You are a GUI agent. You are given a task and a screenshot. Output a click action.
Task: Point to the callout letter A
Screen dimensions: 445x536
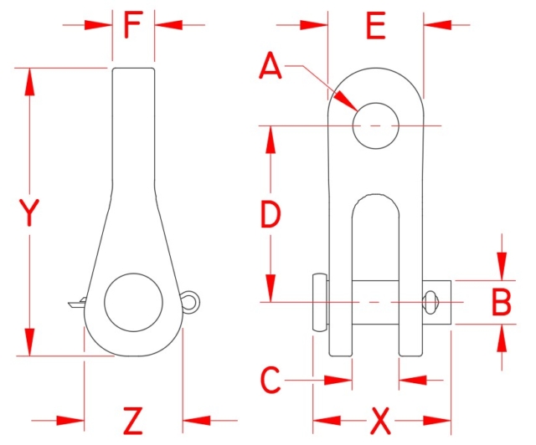271,65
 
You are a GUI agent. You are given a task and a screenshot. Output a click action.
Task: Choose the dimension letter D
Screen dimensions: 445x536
270,216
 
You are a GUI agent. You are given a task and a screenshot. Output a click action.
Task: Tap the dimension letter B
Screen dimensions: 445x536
501,302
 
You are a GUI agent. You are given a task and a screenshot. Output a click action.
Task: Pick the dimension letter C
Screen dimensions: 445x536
270,381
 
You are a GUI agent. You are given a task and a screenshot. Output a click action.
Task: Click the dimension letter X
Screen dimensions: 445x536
381,419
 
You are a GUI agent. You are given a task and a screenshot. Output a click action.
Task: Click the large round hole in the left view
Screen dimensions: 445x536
133,301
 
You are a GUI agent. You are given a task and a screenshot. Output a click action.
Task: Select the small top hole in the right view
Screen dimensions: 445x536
374,125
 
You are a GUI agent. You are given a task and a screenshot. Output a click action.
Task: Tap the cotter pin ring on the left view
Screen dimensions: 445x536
193,299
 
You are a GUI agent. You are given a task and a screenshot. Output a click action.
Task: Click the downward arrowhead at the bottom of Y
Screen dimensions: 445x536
31,342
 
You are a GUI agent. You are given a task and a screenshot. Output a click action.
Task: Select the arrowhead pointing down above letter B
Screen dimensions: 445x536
501,267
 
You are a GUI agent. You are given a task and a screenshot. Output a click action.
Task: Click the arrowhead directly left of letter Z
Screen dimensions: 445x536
70,419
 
